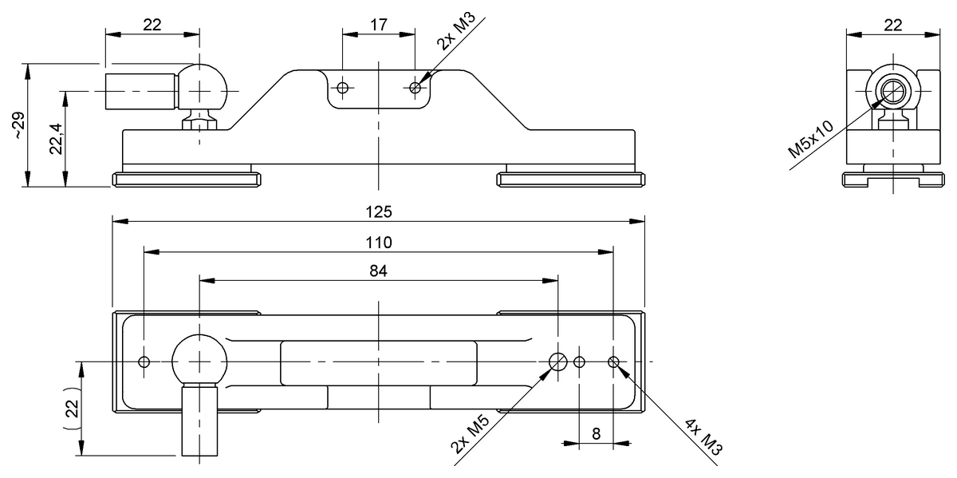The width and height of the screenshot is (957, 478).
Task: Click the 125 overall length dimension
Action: click(379, 212)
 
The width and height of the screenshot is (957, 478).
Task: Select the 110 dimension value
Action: click(379, 243)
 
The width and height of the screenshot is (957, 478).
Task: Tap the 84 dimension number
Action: click(378, 271)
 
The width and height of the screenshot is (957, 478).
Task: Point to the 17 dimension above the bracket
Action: click(379, 25)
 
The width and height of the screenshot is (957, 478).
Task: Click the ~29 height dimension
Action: click(19, 124)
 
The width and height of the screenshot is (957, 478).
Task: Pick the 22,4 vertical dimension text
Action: click(57, 139)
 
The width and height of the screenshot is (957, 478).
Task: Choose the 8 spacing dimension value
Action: click(596, 434)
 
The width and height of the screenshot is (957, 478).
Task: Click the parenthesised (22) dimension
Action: click(72, 408)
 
